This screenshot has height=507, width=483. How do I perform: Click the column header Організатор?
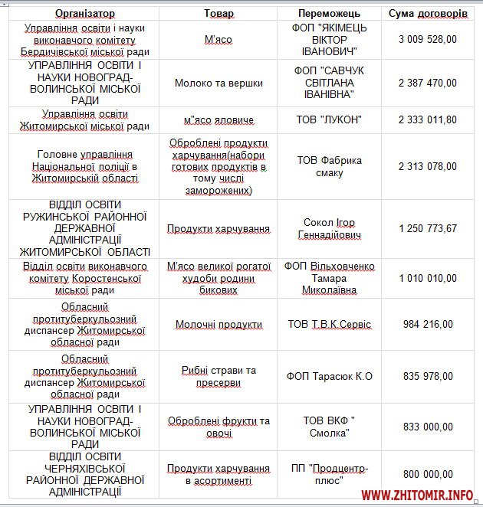(85, 14)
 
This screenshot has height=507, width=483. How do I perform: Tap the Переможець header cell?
(329, 14)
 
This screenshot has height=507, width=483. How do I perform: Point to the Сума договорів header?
(428, 14)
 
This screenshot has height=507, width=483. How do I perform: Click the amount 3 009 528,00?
(428, 39)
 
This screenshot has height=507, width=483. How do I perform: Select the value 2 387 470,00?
(428, 83)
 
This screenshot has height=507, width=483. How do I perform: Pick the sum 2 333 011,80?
(428, 119)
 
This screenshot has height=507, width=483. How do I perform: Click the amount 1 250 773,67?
(428, 228)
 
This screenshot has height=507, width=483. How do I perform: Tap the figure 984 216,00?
(428, 324)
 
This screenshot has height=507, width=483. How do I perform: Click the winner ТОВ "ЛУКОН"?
(329, 119)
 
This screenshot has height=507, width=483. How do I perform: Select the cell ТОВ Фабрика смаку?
(329, 166)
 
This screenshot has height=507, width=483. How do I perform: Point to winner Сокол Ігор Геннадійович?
(329, 228)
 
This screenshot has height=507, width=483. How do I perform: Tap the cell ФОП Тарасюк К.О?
(329, 376)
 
